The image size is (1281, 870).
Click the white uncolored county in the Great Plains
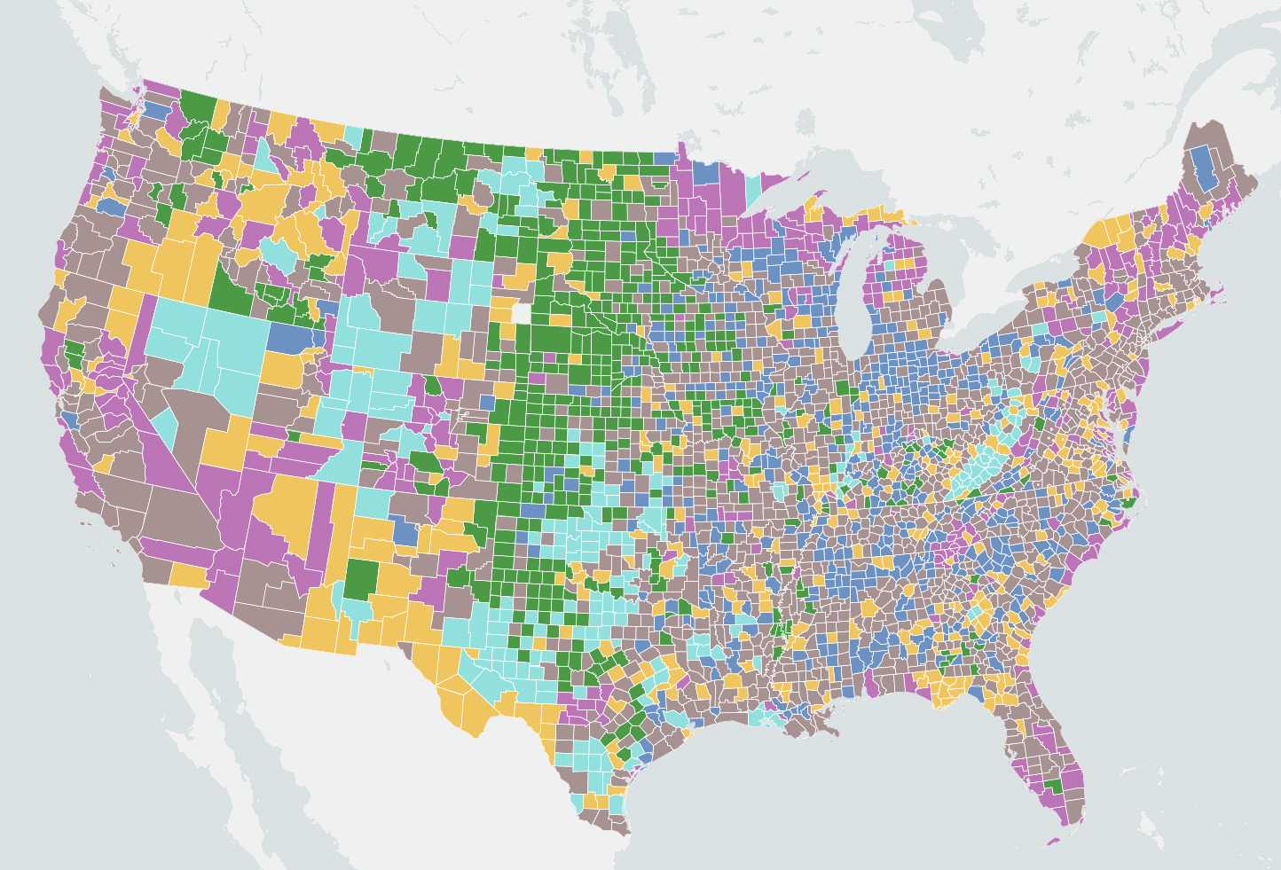click(521, 314)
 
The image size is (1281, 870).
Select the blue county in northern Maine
click(1203, 169)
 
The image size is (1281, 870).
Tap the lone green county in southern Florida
click(1053, 786)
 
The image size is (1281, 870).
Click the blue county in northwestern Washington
click(153, 111)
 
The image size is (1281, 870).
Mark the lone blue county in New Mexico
click(404, 532)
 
